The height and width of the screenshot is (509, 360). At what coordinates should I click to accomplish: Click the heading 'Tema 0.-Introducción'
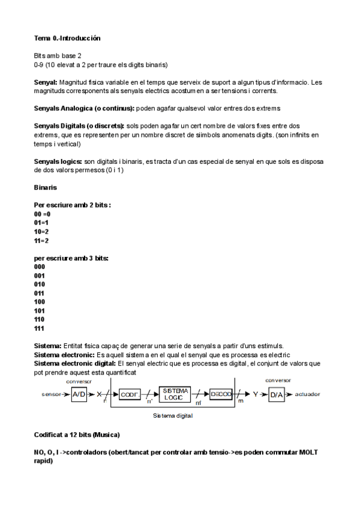pyautogui.click(x=67, y=38)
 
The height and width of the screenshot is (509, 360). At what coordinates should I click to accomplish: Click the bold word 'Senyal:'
pyautogui.click(x=46, y=82)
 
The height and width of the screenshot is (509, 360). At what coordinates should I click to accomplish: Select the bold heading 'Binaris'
pyautogui.click(x=46, y=188)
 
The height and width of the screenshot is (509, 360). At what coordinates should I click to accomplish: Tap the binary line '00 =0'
pyautogui.click(x=43, y=214)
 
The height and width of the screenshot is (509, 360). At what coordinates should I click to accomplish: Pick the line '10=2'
pyautogui.click(x=41, y=231)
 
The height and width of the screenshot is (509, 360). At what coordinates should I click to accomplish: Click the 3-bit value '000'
pyautogui.click(x=40, y=267)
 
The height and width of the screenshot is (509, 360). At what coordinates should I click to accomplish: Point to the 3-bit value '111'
pyautogui.click(x=40, y=328)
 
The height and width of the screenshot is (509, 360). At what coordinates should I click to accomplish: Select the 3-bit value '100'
pyautogui.click(x=40, y=301)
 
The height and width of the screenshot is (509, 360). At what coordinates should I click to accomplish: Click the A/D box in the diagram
pyautogui.click(x=79, y=394)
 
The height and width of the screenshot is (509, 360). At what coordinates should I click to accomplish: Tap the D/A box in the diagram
pyautogui.click(x=276, y=394)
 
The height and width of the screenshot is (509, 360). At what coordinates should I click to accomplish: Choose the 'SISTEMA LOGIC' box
pyautogui.click(x=175, y=394)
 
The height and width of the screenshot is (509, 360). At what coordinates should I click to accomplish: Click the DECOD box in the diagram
pyautogui.click(x=221, y=394)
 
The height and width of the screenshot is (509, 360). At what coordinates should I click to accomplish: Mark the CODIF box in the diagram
pyautogui.click(x=129, y=394)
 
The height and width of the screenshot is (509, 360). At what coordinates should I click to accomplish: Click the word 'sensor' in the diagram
pyautogui.click(x=52, y=395)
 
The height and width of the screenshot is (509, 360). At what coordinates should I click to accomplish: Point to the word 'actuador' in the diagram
pyautogui.click(x=307, y=395)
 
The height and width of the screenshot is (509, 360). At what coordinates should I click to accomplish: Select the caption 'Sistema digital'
pyautogui.click(x=173, y=415)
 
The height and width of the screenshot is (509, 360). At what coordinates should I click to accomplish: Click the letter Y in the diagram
pyautogui.click(x=255, y=395)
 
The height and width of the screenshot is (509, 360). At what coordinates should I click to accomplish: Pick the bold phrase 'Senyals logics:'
pyautogui.click(x=58, y=161)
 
